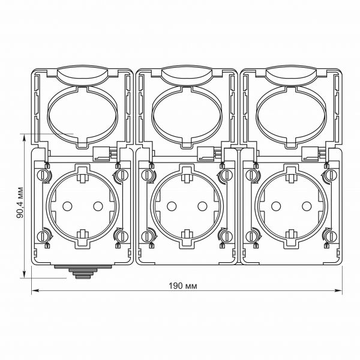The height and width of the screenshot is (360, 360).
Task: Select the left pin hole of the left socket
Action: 67,205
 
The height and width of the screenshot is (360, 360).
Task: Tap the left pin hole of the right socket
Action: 275,205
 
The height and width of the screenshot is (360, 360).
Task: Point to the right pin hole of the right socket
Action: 305,205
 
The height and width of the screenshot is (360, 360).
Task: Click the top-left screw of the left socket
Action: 43,175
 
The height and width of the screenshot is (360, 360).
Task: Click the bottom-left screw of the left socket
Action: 43,236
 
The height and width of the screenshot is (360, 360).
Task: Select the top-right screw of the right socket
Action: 329,175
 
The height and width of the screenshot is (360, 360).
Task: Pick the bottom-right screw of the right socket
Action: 329,236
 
